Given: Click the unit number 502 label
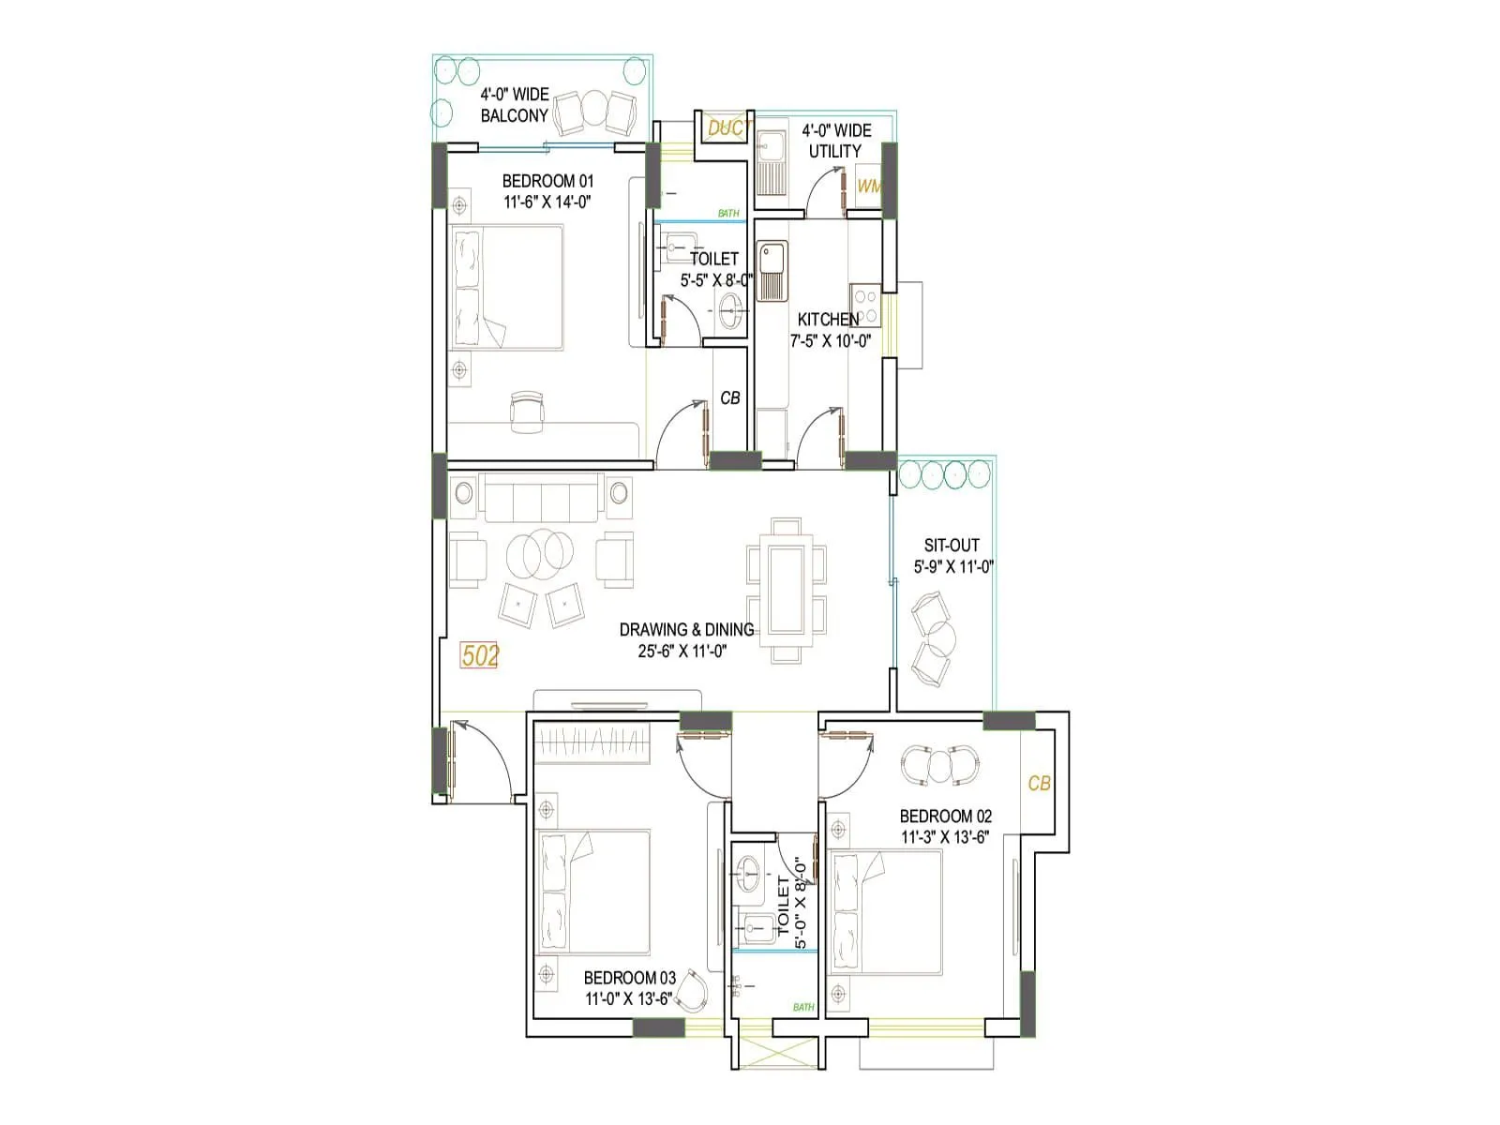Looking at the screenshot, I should [480, 655].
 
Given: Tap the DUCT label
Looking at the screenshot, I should [725, 127].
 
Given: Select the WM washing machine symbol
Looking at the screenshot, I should [869, 186].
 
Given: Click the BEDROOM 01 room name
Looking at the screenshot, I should [547, 181].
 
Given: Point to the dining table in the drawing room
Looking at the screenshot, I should [787, 591].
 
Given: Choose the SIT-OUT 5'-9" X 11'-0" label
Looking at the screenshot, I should [952, 556].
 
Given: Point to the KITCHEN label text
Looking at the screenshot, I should [827, 319].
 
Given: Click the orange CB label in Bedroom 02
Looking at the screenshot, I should [1039, 783].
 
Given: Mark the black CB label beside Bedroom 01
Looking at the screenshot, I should [730, 398].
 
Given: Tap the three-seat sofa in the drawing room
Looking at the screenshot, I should [541, 498].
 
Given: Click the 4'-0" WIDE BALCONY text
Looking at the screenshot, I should [515, 105].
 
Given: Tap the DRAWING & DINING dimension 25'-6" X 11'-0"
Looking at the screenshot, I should [682, 651].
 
